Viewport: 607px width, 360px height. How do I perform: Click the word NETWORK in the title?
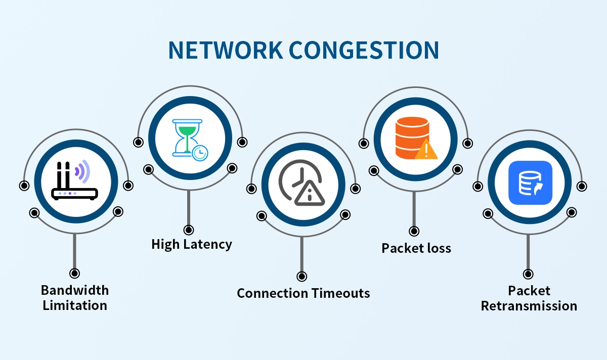pos(225,50)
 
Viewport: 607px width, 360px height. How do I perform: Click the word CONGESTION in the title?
pos(363,50)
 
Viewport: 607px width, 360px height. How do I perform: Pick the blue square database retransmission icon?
pos(530,183)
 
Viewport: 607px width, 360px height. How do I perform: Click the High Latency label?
pos(192,245)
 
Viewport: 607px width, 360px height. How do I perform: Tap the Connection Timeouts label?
pos(303,293)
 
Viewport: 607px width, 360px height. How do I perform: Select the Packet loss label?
pos(416,248)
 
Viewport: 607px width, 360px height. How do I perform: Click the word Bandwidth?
pos(75,290)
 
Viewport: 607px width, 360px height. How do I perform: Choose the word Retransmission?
pos(529,306)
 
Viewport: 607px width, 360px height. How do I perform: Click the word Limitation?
pos(75,305)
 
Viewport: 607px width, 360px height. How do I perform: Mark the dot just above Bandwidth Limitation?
pos(75,274)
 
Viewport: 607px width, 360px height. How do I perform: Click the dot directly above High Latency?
pos(189,230)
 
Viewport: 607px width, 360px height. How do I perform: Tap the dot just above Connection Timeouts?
pos(301,277)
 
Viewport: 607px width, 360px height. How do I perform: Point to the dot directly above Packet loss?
pos(414,232)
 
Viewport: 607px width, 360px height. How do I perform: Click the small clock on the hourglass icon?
pos(200,152)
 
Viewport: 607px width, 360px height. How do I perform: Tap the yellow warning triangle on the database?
pos(426,150)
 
